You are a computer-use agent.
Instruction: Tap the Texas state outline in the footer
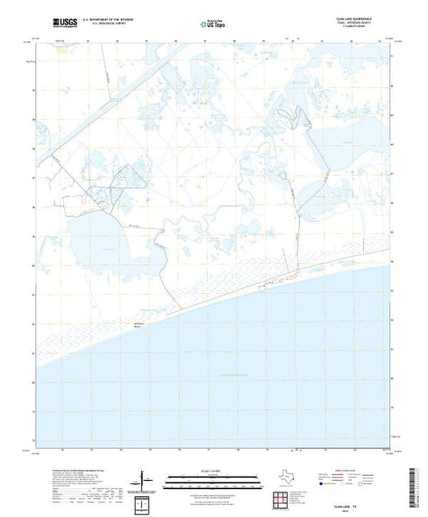(283, 478)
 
